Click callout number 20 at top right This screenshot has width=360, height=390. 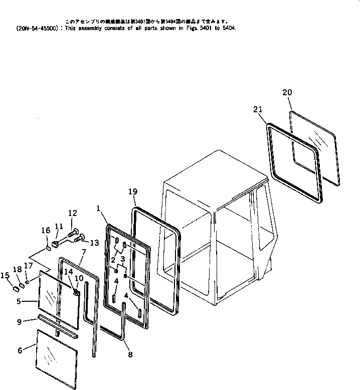pyautogui.click(x=287, y=92)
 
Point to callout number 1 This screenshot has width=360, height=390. pyautogui.click(x=99, y=207)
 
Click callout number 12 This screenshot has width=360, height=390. pyautogui.click(x=73, y=213)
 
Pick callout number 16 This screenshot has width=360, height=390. pyautogui.click(x=46, y=230)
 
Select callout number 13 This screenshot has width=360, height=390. pyautogui.click(x=94, y=243)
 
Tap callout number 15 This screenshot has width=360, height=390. pyautogui.click(x=6, y=275)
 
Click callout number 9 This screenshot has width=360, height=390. pyautogui.click(x=20, y=322)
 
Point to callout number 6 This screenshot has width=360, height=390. pyautogui.click(x=20, y=350)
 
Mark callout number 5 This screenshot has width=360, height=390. pyautogui.click(x=19, y=302)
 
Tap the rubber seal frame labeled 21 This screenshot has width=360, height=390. pyautogui.click(x=271, y=150)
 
